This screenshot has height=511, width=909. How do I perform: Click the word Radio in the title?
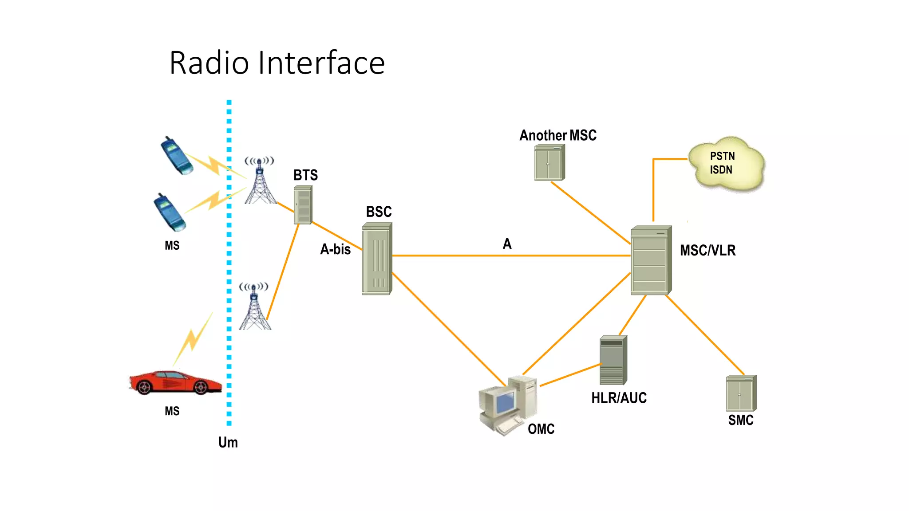pyautogui.click(x=209, y=63)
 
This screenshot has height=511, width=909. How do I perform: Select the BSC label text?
pyautogui.click(x=379, y=212)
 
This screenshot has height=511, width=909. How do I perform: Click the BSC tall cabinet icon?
pyautogui.click(x=377, y=259)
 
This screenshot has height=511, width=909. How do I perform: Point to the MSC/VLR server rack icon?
pyautogui.click(x=651, y=261)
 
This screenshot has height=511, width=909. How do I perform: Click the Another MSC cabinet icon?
pyautogui.click(x=549, y=163)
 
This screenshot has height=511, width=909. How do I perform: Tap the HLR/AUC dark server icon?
pyautogui.click(x=613, y=360)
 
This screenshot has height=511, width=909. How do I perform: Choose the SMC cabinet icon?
pyautogui.click(x=741, y=393)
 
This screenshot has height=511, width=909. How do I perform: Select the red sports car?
pyautogui.click(x=175, y=382)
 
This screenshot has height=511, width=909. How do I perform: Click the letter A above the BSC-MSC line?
pyautogui.click(x=507, y=244)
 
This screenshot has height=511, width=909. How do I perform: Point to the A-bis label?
pyautogui.click(x=335, y=249)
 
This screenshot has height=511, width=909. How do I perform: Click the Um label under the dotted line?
pyautogui.click(x=228, y=442)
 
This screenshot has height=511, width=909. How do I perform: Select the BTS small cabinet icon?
pyautogui.click(x=303, y=205)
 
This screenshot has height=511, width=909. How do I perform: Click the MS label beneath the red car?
pyautogui.click(x=172, y=411)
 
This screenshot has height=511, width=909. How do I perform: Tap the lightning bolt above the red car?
pyautogui.click(x=193, y=339)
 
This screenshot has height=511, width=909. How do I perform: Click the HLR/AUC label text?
pyautogui.click(x=619, y=398)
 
